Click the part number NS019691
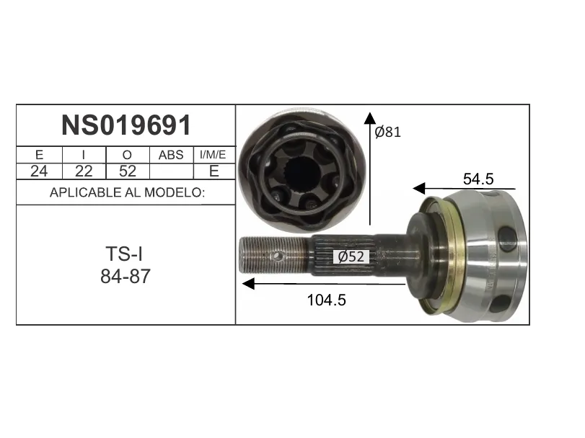[x=126, y=125]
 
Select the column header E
[x=39, y=155]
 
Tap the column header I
[x=84, y=155]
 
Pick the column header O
[x=127, y=155]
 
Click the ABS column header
[x=171, y=155]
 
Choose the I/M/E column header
[x=213, y=155]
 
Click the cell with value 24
[x=39, y=171]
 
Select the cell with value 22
[x=84, y=171]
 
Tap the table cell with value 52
[x=128, y=171]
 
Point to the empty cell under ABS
[x=171, y=171]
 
